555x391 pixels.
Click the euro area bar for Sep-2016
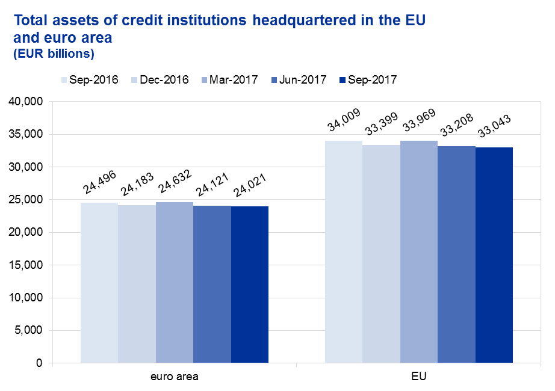pyautogui.click(x=99, y=283)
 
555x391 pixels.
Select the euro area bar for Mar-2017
pyautogui.click(x=175, y=283)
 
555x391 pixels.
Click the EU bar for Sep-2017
pyautogui.click(x=494, y=255)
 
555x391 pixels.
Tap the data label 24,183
pyautogui.click(x=137, y=185)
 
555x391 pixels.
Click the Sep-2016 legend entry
pyautogui.click(x=89, y=79)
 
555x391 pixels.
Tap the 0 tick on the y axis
pyautogui.click(x=39, y=363)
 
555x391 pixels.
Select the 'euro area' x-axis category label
pyautogui.click(x=175, y=378)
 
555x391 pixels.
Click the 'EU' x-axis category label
pyautogui.click(x=419, y=378)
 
